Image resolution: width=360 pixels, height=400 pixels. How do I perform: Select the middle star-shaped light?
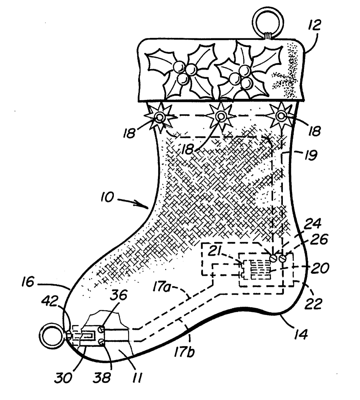pos(221,116)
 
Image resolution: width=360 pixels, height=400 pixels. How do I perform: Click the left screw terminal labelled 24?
pos(275,258)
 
